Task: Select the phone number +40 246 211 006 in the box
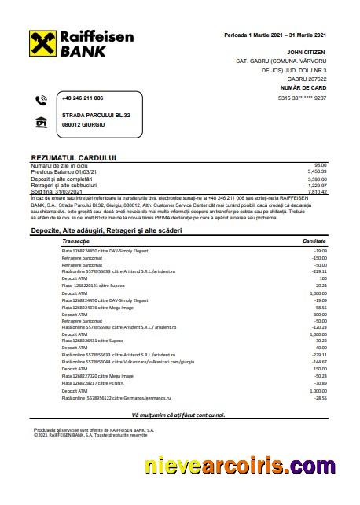pos(83,98)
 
